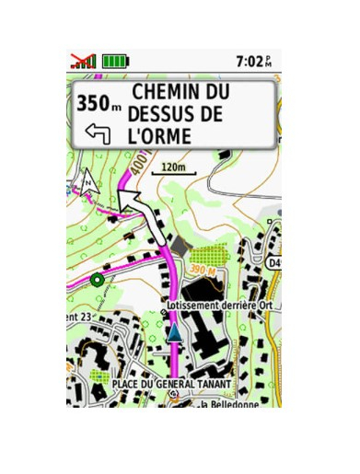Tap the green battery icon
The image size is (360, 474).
click(116, 61)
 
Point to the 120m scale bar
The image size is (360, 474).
click(173, 171)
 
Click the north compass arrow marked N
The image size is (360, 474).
click(88, 182)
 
